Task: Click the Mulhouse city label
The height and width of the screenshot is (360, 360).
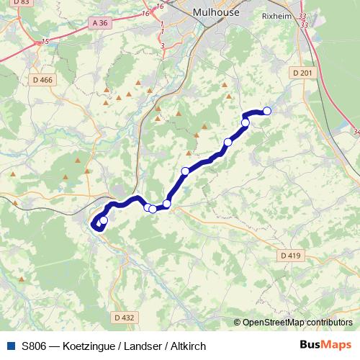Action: point(215,12)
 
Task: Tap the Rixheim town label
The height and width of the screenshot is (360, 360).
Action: point(275,14)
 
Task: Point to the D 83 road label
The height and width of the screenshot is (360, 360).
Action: point(22,3)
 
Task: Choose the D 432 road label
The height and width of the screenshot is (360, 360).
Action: point(124,317)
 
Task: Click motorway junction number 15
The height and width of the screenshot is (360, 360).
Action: point(46,42)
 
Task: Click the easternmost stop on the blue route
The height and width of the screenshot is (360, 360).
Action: point(267,111)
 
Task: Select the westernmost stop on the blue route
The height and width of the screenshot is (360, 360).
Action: point(104,220)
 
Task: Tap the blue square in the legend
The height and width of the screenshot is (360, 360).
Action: point(10,346)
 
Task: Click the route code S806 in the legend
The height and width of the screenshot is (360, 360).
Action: point(35,346)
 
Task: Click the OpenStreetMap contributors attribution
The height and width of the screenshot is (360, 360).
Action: point(297,323)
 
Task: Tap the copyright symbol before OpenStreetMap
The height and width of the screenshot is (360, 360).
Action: point(238,323)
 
